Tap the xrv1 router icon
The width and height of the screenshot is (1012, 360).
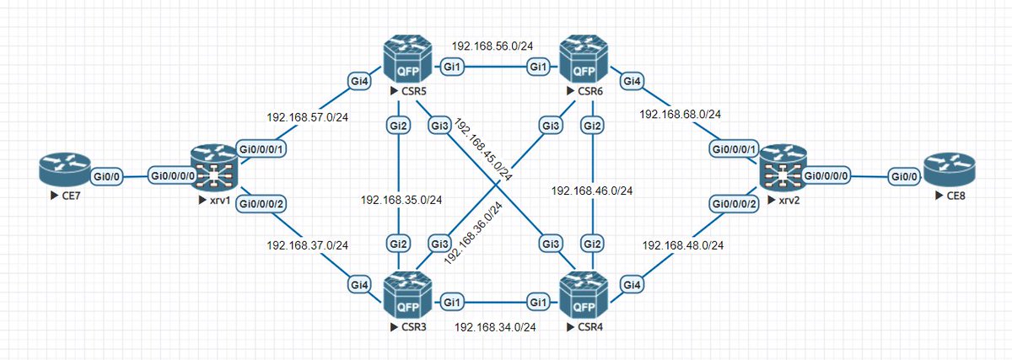point(214,169)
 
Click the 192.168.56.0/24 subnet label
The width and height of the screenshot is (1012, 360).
point(492,46)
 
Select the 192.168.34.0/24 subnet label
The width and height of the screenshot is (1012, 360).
point(496,326)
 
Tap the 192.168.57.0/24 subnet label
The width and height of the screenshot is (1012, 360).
point(307,117)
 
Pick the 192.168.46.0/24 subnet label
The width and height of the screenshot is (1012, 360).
point(591,191)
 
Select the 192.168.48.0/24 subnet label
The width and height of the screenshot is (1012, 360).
point(683,245)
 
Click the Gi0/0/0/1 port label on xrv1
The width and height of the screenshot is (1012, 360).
point(263,148)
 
